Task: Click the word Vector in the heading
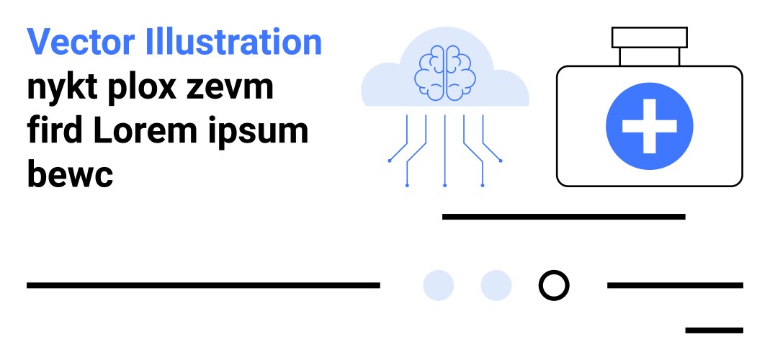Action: click(x=81, y=43)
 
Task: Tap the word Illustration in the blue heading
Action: click(x=233, y=43)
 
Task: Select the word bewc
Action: click(x=70, y=175)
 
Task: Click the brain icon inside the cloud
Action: click(x=444, y=72)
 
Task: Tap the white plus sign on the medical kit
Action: click(x=649, y=126)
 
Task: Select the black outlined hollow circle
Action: click(x=554, y=285)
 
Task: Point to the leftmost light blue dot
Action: click(x=438, y=285)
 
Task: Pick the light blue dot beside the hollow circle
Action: click(x=496, y=285)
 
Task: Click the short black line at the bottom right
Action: click(x=713, y=330)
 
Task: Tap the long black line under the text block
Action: click(x=203, y=285)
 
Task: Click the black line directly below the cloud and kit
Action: click(x=563, y=216)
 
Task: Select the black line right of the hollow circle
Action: click(x=675, y=285)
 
